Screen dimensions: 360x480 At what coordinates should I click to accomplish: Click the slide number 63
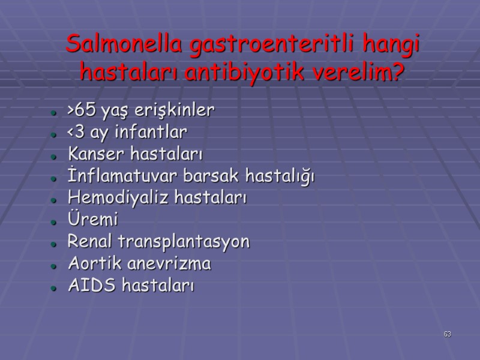448,334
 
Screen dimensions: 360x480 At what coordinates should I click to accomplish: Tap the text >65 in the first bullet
79,111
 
